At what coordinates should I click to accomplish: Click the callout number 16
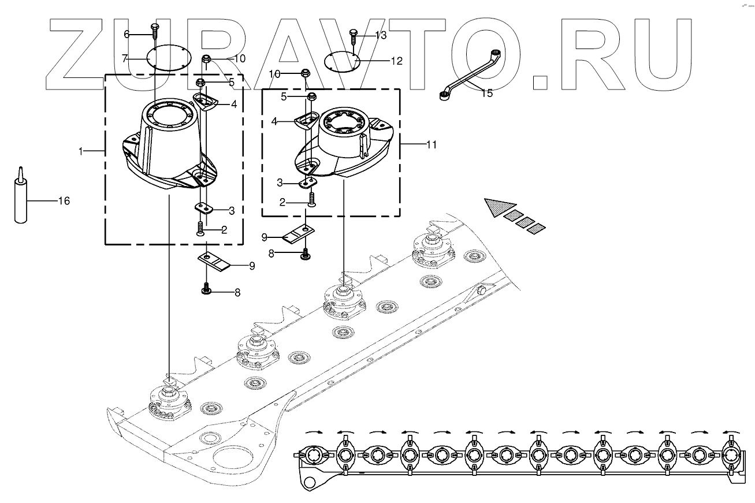click(x=64, y=201)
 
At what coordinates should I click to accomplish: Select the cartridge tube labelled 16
click(x=21, y=199)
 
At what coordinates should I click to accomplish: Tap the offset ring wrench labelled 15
click(x=471, y=77)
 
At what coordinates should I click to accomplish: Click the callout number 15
click(x=487, y=93)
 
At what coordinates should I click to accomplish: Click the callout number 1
click(x=81, y=151)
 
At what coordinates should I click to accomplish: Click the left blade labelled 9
click(x=214, y=261)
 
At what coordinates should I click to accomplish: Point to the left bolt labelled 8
click(x=205, y=290)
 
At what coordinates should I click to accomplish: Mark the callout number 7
click(x=124, y=58)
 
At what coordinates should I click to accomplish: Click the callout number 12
click(x=397, y=61)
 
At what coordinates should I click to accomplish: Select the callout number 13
click(x=380, y=35)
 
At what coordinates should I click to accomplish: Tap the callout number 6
click(x=127, y=34)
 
